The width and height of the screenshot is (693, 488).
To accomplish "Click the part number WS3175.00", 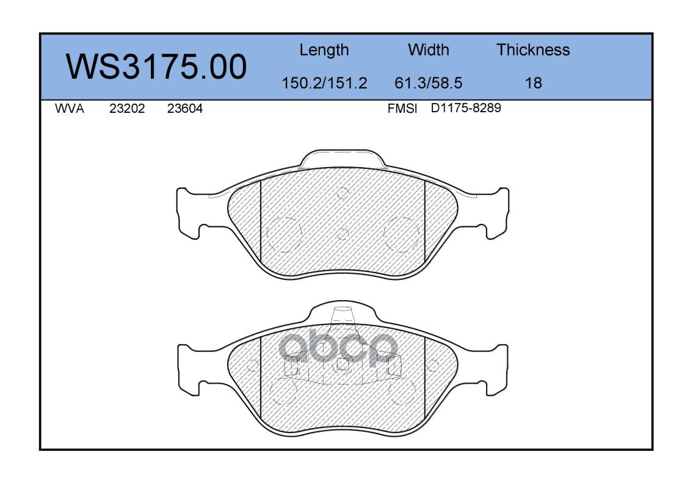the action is [156, 66].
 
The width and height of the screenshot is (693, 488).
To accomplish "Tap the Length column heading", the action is [324, 51].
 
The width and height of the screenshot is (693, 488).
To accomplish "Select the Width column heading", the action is [428, 49].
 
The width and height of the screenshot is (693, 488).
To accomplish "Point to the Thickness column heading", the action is [533, 49].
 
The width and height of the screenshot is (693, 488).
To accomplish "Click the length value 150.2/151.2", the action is [324, 83].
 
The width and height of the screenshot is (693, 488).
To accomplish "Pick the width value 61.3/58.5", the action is [428, 83].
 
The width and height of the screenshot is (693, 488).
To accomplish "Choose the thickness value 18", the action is [534, 83].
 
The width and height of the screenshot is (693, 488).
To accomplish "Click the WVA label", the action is [70, 109].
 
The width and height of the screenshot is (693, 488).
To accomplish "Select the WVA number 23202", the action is [127, 109].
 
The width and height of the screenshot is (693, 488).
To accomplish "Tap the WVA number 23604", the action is [185, 109].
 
